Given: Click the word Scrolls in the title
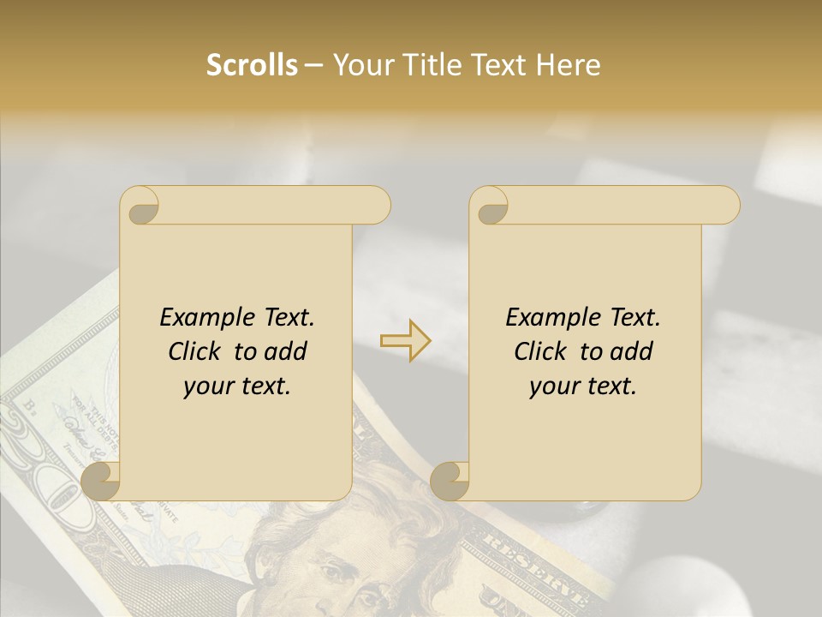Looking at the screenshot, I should [252, 65].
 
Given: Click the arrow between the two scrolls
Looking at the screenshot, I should [405, 341].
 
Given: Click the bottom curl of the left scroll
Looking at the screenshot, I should [102, 482].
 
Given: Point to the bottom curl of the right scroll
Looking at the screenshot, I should [450, 482].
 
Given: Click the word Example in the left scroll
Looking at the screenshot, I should [205, 318].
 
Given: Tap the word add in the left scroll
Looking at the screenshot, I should [287, 351].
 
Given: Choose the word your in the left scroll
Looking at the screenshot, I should [207, 386].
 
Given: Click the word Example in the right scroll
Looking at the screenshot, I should [551, 318].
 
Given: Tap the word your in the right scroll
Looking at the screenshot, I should [553, 386].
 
